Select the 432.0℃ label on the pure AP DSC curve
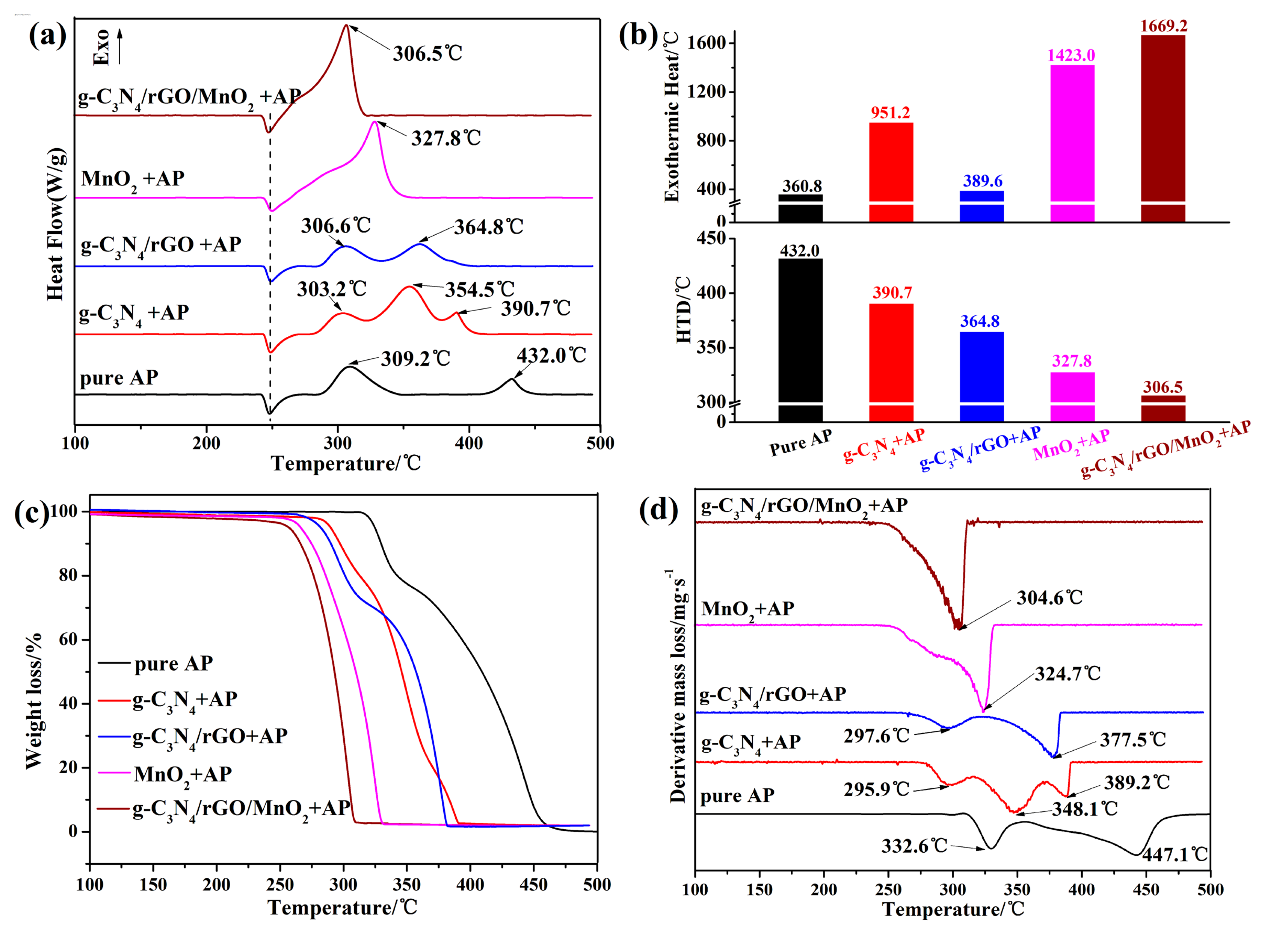click(551, 356)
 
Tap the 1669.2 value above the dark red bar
click(1163, 26)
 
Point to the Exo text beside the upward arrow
click(101, 47)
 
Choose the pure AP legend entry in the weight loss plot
click(173, 663)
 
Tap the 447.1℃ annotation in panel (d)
click(1175, 854)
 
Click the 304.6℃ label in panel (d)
click(1049, 598)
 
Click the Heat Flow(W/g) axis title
click(56, 224)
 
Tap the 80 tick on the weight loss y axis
click(68, 575)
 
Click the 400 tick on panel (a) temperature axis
click(469, 443)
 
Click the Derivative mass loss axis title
click(678, 686)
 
